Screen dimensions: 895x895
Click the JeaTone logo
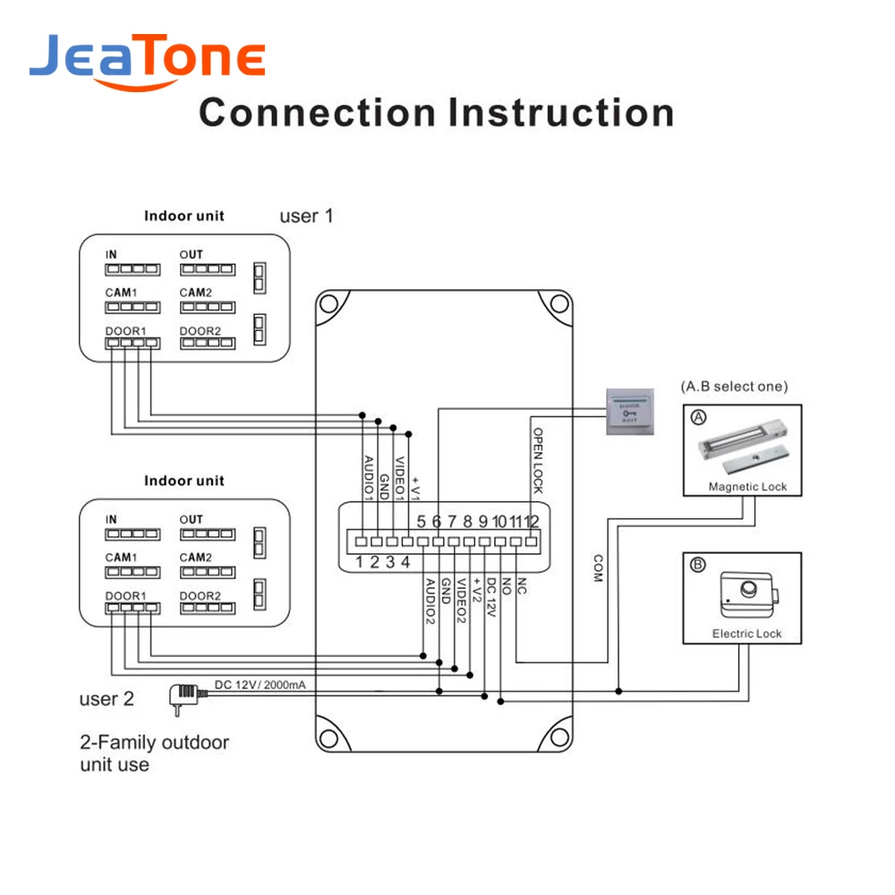pyautogui.click(x=148, y=60)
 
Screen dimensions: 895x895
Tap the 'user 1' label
pyautogui.click(x=306, y=216)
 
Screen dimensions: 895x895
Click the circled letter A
pyautogui.click(x=698, y=417)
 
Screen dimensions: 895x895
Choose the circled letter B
pyautogui.click(x=698, y=565)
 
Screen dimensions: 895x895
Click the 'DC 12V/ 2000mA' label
pyautogui.click(x=260, y=686)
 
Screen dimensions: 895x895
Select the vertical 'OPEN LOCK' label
pyautogui.click(x=539, y=460)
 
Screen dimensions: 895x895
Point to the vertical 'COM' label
pyautogui.click(x=597, y=568)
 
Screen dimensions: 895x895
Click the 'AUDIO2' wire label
pyautogui.click(x=430, y=601)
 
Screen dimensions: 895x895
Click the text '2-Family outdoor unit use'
pyautogui.click(x=154, y=754)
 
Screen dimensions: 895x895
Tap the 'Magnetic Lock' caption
pyautogui.click(x=747, y=487)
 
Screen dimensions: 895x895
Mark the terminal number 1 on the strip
pyautogui.click(x=359, y=562)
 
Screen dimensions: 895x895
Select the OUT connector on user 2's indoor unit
pyautogui.click(x=206, y=534)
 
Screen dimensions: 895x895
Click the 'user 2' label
pyautogui.click(x=107, y=699)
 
